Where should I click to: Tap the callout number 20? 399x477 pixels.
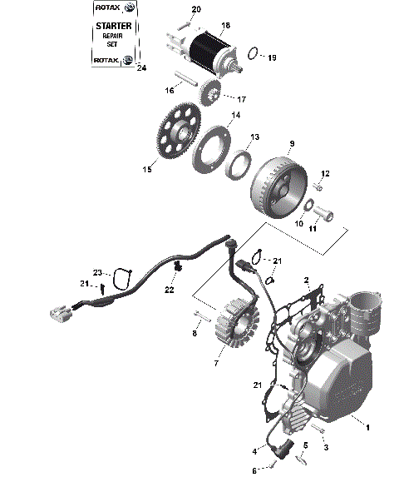click(196, 9)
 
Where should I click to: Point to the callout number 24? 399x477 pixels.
click(140, 68)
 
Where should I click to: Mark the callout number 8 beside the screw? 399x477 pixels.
click(195, 333)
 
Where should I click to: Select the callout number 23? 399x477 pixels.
click(97, 272)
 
